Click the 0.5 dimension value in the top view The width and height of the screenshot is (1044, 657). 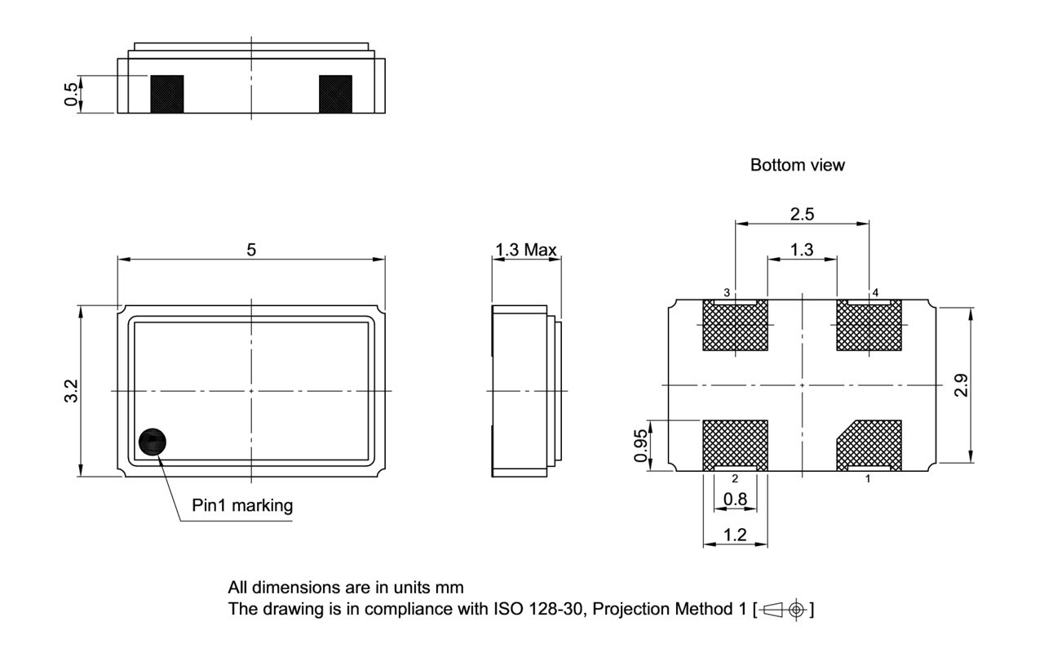click(73, 95)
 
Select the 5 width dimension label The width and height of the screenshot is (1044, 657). click(251, 250)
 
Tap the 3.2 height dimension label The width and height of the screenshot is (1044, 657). click(73, 390)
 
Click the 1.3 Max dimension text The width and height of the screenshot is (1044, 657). click(524, 250)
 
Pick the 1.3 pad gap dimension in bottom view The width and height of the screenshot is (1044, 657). click(802, 250)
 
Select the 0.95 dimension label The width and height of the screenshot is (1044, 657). click(643, 446)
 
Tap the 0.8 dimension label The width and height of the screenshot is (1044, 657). click(735, 498)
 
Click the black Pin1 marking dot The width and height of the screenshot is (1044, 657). click(152, 442)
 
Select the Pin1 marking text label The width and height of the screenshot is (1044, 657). click(242, 506)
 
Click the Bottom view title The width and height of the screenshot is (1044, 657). click(798, 166)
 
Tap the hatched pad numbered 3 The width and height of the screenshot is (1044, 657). click(736, 326)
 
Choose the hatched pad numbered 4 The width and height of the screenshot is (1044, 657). click(869, 326)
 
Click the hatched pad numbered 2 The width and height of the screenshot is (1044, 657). click(736, 442)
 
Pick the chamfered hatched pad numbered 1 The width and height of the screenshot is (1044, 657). click(870, 444)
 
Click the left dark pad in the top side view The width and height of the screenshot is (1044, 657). click(166, 94)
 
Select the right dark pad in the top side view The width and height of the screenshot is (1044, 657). click(335, 94)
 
